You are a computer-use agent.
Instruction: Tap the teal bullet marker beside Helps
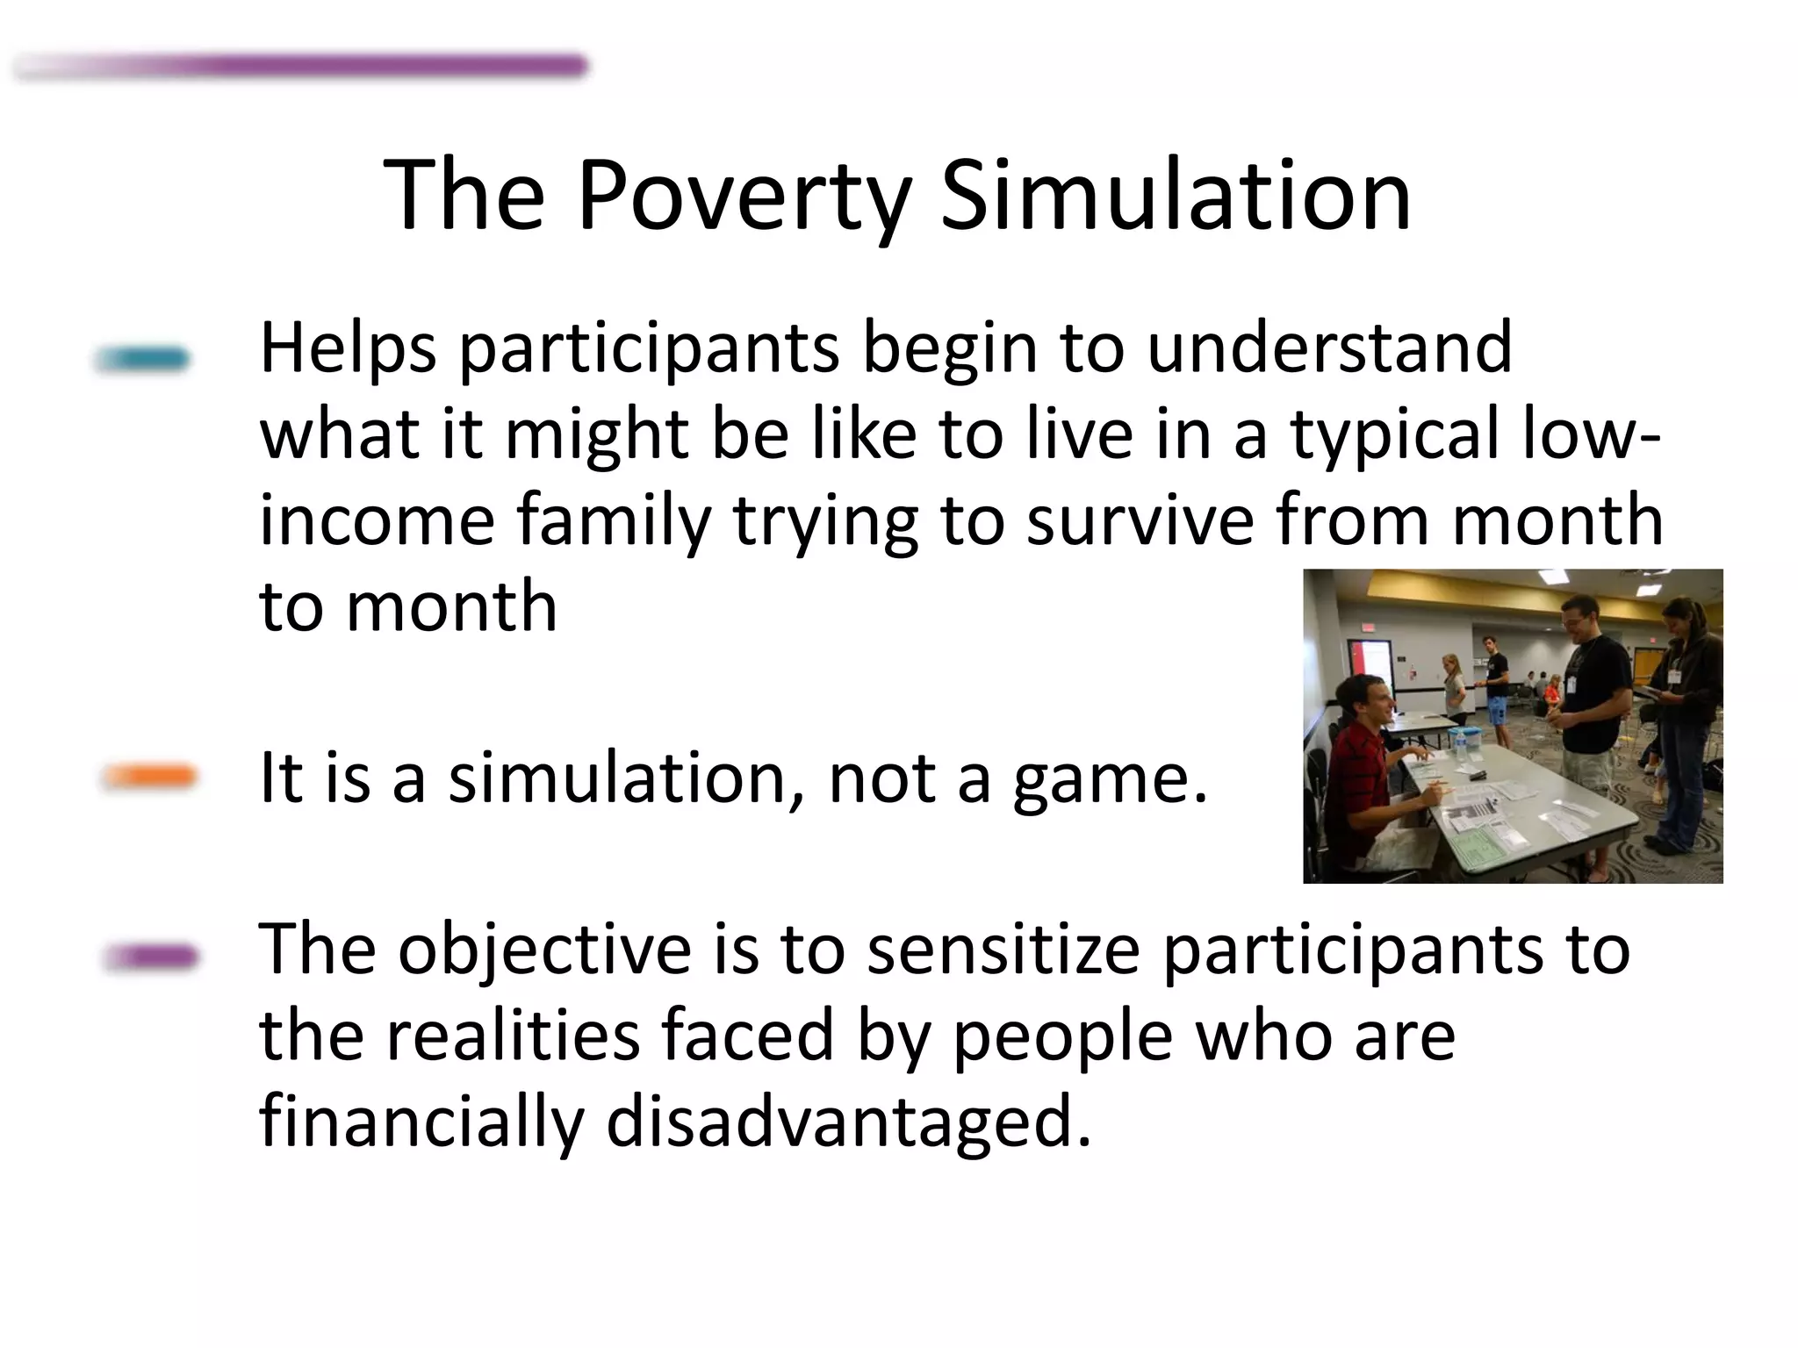[x=142, y=359]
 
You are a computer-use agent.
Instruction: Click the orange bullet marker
[x=148, y=777]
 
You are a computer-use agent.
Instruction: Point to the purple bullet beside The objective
[x=150, y=956]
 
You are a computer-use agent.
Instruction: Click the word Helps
[x=348, y=349]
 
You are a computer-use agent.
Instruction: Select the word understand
[x=1329, y=348]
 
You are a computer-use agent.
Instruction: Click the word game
[x=1110, y=779]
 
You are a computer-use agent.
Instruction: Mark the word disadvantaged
[x=848, y=1122]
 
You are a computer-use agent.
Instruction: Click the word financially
[x=421, y=1122]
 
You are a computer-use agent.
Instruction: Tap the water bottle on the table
[x=1460, y=744]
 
